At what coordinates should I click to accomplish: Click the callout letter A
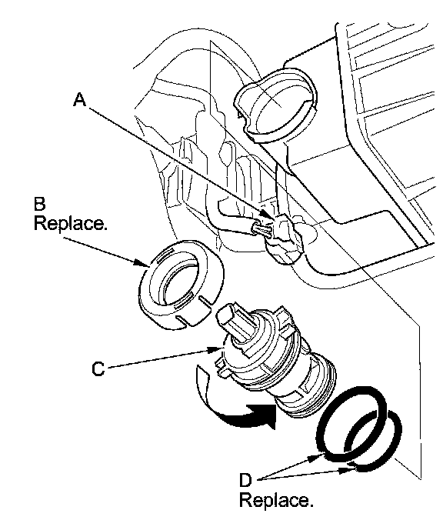[x=79, y=99]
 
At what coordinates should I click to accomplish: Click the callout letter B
[x=39, y=204]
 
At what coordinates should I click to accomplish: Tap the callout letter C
[x=98, y=368]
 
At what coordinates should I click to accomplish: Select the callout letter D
[x=245, y=480]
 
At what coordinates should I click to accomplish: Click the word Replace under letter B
[x=71, y=223]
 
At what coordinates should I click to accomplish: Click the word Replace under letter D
[x=276, y=500]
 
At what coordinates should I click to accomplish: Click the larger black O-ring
[x=351, y=423]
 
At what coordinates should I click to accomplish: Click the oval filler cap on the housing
[x=276, y=105]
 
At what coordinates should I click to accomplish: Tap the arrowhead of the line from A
[x=267, y=214]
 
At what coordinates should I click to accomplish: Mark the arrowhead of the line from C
[x=215, y=349]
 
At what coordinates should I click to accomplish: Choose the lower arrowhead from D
[x=348, y=469]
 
